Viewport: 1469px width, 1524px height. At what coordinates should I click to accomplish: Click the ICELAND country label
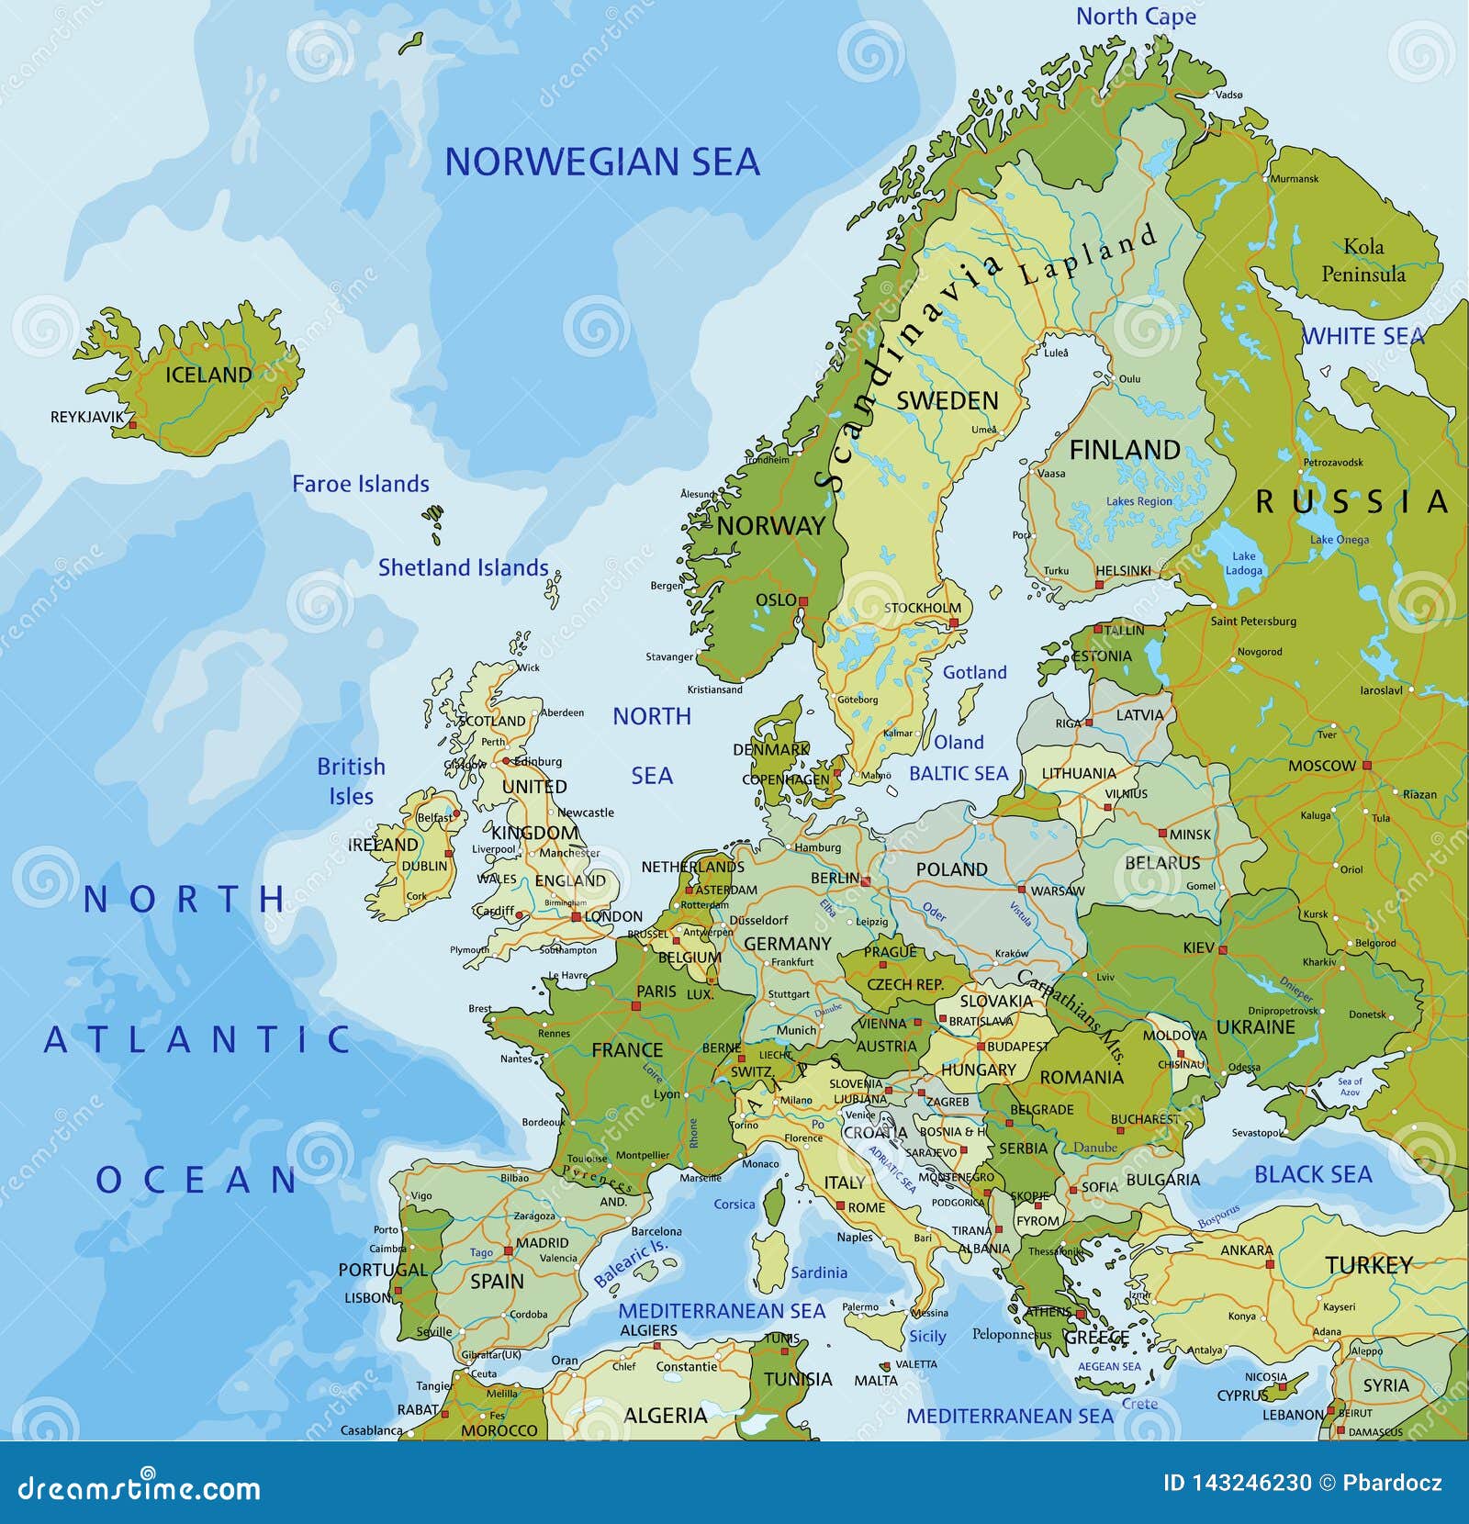pyautogui.click(x=207, y=375)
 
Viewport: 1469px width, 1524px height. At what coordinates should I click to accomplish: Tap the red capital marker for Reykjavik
pyautogui.click(x=132, y=425)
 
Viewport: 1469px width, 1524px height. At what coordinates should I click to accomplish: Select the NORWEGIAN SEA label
pyautogui.click(x=601, y=162)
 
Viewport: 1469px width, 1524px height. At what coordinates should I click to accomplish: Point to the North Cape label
pyautogui.click(x=1136, y=17)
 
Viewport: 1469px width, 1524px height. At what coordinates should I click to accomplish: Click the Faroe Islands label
pyautogui.click(x=360, y=484)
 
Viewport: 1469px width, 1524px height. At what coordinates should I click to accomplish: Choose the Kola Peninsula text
pyautogui.click(x=1363, y=260)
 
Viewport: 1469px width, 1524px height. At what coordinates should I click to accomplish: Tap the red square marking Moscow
pyautogui.click(x=1366, y=765)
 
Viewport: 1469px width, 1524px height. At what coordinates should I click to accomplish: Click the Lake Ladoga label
pyautogui.click(x=1243, y=563)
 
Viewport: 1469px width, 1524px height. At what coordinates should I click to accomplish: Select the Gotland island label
pyautogui.click(x=974, y=672)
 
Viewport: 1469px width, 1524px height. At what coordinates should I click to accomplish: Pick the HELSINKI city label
pyautogui.click(x=1123, y=570)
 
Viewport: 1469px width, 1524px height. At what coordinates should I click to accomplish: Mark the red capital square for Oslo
pyautogui.click(x=802, y=601)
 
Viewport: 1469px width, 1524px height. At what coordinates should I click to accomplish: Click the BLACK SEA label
pyautogui.click(x=1313, y=1174)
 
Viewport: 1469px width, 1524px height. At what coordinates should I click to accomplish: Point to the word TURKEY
pyautogui.click(x=1368, y=1265)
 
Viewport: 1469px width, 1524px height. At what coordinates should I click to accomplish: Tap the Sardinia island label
pyautogui.click(x=819, y=1272)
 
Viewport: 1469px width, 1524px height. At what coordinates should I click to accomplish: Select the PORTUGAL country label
pyautogui.click(x=383, y=1270)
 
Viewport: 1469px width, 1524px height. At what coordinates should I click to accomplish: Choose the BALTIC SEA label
pyautogui.click(x=958, y=773)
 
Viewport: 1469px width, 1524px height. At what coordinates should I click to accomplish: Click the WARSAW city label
pyautogui.click(x=1057, y=891)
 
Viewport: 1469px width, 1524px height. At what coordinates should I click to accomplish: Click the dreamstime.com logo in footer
pyautogui.click(x=140, y=1487)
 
